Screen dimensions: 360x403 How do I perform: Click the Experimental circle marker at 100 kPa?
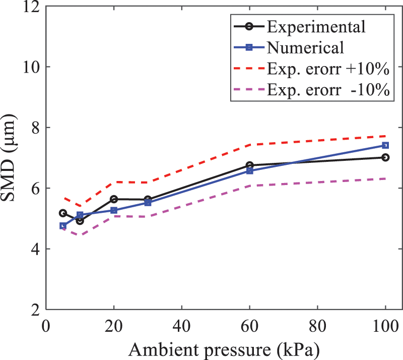click(x=385, y=157)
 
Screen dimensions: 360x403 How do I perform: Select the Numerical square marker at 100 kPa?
click(x=385, y=146)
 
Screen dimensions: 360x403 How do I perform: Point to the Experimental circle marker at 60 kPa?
click(x=249, y=165)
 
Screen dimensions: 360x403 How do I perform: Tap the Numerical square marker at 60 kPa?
click(x=249, y=171)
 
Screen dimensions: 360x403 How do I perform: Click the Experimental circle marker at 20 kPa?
click(x=114, y=199)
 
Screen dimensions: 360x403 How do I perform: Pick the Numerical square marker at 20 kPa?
click(x=114, y=210)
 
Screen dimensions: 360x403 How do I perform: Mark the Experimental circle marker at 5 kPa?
click(x=63, y=213)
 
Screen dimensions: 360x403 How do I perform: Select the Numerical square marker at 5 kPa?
click(x=63, y=226)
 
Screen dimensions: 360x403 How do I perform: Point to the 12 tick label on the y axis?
click(x=31, y=7)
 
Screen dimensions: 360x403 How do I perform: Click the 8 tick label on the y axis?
click(x=35, y=128)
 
